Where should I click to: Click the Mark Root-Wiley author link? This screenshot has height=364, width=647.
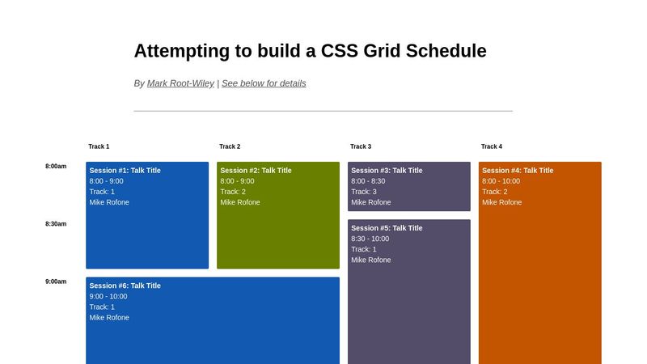(x=180, y=83)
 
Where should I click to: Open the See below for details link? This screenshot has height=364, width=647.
(x=264, y=83)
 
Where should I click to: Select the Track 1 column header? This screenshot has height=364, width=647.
(x=99, y=146)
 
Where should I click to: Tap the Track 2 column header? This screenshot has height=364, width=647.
(x=230, y=146)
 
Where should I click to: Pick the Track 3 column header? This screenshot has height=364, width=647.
(x=361, y=146)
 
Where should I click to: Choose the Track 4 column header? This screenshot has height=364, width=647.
(x=492, y=146)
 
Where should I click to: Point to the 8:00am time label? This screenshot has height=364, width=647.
(x=56, y=167)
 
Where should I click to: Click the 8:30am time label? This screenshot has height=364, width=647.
(x=56, y=224)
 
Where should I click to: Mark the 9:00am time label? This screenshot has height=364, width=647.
(x=56, y=281)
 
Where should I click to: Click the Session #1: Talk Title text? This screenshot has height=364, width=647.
(x=125, y=171)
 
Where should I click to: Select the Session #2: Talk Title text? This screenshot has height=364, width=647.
(x=256, y=171)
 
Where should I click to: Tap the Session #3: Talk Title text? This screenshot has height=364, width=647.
(x=387, y=171)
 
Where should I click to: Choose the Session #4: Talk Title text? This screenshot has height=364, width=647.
(x=518, y=171)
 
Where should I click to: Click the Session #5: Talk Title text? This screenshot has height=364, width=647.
(x=387, y=228)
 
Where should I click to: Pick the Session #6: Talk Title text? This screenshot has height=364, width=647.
(x=125, y=286)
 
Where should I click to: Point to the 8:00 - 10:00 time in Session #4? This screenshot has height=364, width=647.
(x=501, y=181)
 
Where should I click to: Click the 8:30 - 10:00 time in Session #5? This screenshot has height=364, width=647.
(x=370, y=239)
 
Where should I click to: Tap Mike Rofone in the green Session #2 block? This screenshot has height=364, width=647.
(x=240, y=202)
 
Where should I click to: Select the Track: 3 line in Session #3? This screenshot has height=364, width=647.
(x=364, y=192)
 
